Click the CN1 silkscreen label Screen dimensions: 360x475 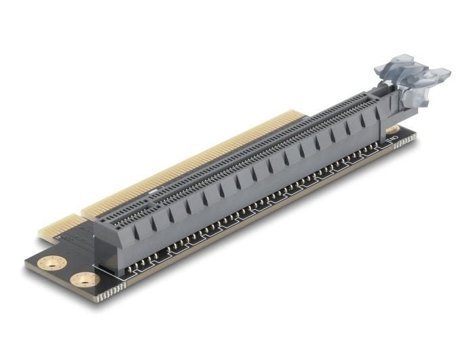click(x=392, y=141)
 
